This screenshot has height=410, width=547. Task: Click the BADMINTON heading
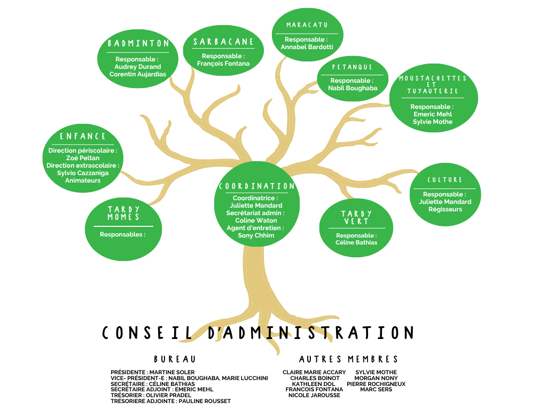coord(138,43)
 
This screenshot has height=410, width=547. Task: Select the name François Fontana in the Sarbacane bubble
coord(223,64)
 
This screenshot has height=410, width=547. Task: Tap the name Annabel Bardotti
coord(307,47)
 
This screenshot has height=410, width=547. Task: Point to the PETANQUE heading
coord(352,67)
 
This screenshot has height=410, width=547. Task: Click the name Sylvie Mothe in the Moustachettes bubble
coord(433,122)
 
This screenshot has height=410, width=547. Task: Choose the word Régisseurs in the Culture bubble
coord(445,209)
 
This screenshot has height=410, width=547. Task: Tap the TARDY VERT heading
coord(356,218)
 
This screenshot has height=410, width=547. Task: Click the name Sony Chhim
coord(256,235)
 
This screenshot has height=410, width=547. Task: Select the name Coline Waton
coord(256,220)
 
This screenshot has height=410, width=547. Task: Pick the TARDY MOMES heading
coord(123,213)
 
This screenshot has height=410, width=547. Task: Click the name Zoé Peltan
coord(83,158)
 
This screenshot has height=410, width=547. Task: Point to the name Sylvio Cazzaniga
coord(83,173)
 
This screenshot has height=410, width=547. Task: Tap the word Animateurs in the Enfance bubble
coord(83,180)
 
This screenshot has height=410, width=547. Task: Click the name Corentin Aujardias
coord(138,74)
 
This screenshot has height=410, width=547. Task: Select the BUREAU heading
coord(175,359)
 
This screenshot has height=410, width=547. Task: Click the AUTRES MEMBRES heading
coord(348,359)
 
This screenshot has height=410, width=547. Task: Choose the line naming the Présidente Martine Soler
coord(152,372)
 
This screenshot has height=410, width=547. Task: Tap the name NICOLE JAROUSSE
coord(314,395)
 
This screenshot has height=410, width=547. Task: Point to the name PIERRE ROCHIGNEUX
coord(376,384)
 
